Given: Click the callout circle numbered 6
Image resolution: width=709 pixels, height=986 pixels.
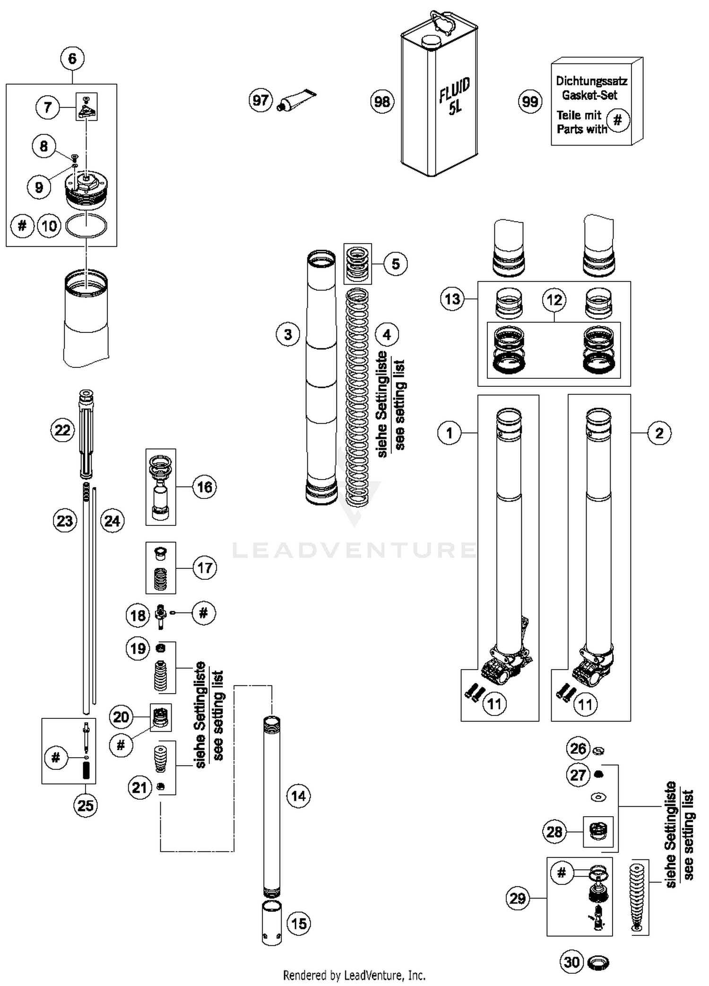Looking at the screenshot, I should tap(72, 59).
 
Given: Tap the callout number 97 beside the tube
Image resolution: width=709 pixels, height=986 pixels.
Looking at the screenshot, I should tap(260, 100).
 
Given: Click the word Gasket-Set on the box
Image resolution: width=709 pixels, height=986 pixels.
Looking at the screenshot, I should tap(589, 95).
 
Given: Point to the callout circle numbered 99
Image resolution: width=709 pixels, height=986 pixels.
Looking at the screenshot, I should tap(530, 101).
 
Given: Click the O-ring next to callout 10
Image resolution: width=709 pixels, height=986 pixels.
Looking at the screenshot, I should tap(86, 226).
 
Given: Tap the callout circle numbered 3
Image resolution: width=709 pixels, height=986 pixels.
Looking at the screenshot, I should tap(288, 335).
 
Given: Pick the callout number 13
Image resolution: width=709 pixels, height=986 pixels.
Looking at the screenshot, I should tap(452, 299).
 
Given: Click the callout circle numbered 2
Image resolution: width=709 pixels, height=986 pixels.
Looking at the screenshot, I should tap(659, 433).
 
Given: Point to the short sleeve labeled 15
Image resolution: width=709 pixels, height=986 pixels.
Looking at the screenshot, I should tap(272, 923).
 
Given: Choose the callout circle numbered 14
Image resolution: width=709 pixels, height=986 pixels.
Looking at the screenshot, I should tap(298, 796).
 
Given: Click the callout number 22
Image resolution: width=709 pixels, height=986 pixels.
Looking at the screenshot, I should tap(62, 430).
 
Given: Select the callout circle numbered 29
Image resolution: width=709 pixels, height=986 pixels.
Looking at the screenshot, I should tap(518, 898).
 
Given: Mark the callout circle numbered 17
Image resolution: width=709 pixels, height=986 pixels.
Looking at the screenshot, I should tap(205, 567).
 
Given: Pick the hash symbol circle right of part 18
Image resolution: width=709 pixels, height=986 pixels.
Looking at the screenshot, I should tap(203, 613).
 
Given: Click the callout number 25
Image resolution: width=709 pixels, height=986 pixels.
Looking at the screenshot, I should tap(86, 805).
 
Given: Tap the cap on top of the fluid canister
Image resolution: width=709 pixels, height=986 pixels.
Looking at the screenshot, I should tap(431, 42).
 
